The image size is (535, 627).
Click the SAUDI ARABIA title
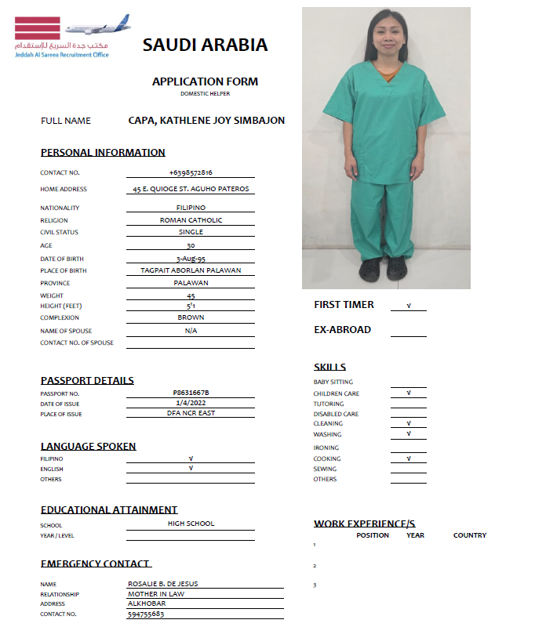pos(205,45)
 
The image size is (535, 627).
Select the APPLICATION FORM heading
pos(205,82)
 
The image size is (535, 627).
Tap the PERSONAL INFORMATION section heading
pos(103,152)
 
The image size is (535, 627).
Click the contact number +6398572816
pos(191,172)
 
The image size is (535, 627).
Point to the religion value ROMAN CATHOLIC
pos(191,220)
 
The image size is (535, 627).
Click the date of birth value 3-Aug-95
pos(191,259)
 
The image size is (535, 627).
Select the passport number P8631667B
pos(191,393)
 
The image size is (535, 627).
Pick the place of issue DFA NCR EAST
pos(191,413)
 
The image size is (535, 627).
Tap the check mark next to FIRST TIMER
pos(409,306)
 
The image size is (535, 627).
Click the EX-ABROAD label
pos(342,330)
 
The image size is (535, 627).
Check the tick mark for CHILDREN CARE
pos(409,393)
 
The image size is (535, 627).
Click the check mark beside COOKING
pos(409,458)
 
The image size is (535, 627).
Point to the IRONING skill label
pos(326,448)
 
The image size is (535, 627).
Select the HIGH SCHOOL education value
pos(191,524)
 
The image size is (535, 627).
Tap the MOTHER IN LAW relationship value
pos(156,594)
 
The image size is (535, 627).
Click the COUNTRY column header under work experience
pos(470,535)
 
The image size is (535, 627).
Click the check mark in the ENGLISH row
pos(191,468)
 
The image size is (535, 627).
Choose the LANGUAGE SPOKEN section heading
pos(89,446)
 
